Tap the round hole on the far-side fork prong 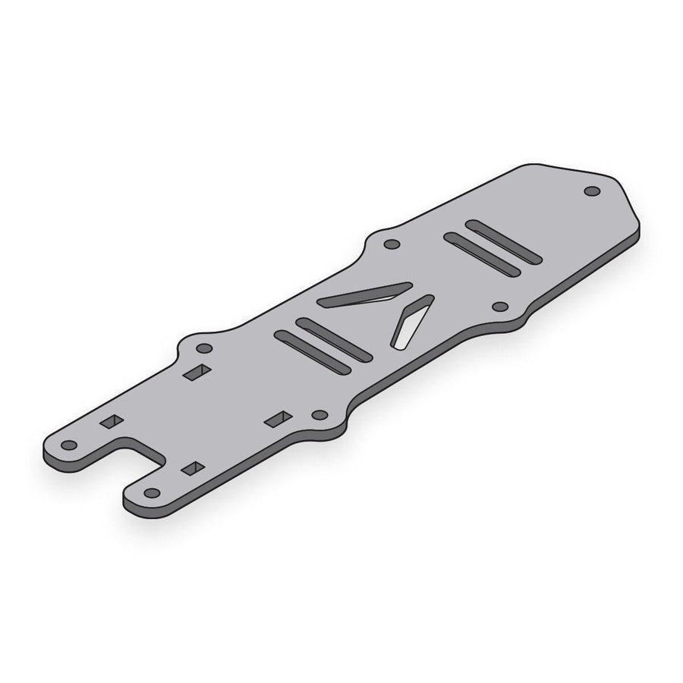point(70,444)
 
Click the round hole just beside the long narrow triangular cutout point(392,244)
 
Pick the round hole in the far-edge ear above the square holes point(203,348)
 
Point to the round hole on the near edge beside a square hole point(319,415)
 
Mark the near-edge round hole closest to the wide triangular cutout point(499,307)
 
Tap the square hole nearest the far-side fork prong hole point(111,421)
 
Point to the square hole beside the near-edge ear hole point(279,418)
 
